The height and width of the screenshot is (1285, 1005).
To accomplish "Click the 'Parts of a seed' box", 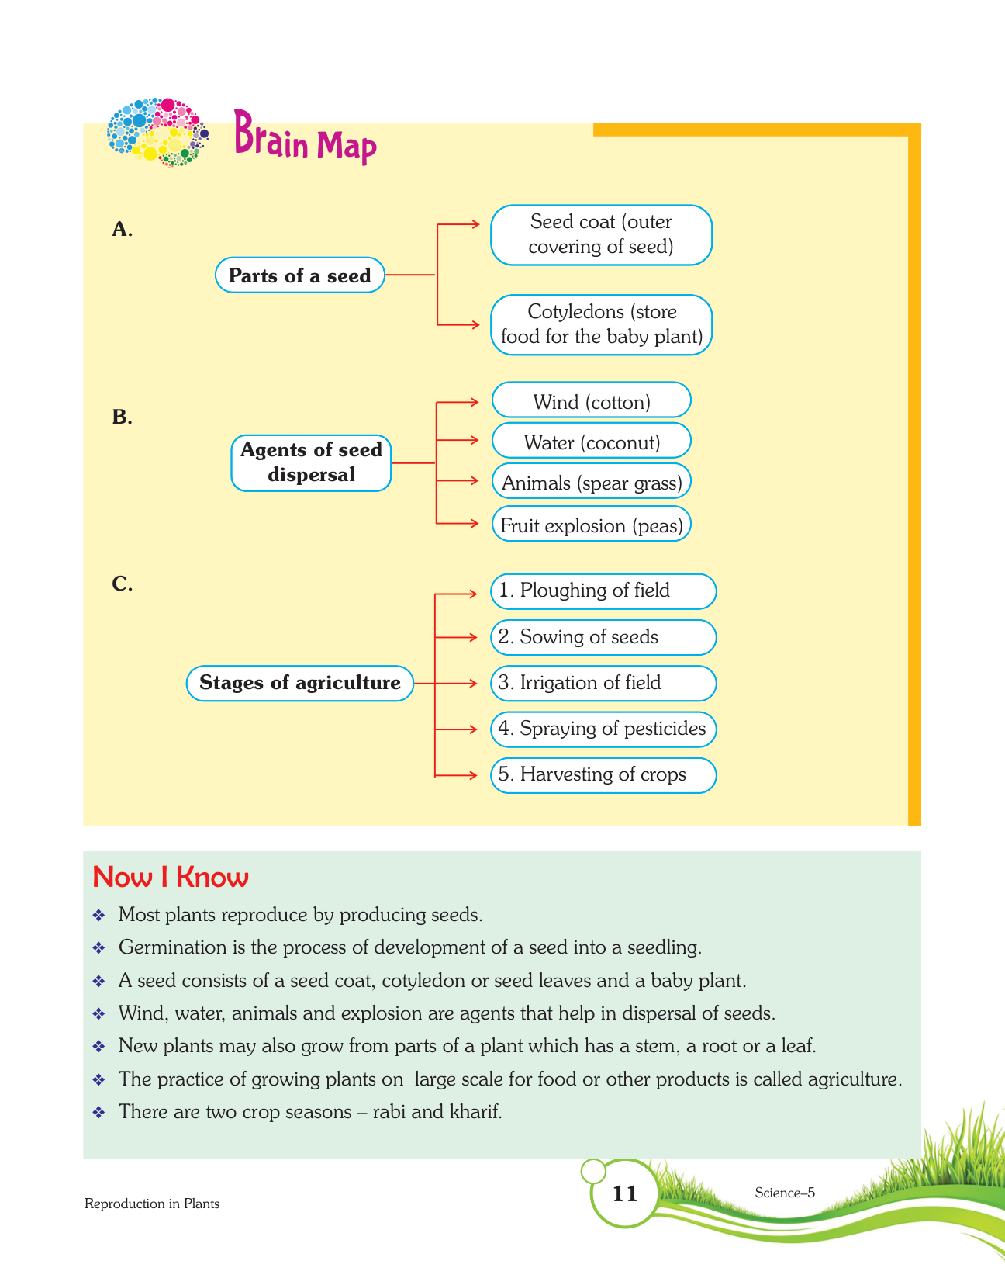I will [x=299, y=275].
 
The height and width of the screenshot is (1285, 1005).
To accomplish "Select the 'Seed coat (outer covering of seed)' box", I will [x=601, y=234].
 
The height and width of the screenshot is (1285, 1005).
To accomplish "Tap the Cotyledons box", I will [x=601, y=324].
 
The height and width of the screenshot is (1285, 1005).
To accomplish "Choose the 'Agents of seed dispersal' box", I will [x=311, y=462].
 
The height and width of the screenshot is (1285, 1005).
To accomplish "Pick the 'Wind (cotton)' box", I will [x=591, y=402].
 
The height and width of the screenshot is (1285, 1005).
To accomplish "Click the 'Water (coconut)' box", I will [x=591, y=442].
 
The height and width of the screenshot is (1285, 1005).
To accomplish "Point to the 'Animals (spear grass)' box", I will [x=591, y=483].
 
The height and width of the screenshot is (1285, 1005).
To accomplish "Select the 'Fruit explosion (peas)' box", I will [x=591, y=525].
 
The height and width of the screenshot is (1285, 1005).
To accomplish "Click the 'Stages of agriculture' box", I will [x=299, y=683].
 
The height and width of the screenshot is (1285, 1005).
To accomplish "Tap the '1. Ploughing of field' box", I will [x=603, y=591].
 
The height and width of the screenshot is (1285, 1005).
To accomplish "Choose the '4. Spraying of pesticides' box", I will [x=603, y=729].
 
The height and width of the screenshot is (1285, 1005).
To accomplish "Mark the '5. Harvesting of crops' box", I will [x=603, y=774].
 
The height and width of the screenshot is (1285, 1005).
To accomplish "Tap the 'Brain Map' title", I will [x=305, y=139].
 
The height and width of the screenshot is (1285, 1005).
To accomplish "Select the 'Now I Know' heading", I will [x=170, y=877].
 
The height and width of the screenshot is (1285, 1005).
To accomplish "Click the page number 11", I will [x=625, y=1193].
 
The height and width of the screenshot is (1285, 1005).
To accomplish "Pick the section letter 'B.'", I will [x=122, y=417].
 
